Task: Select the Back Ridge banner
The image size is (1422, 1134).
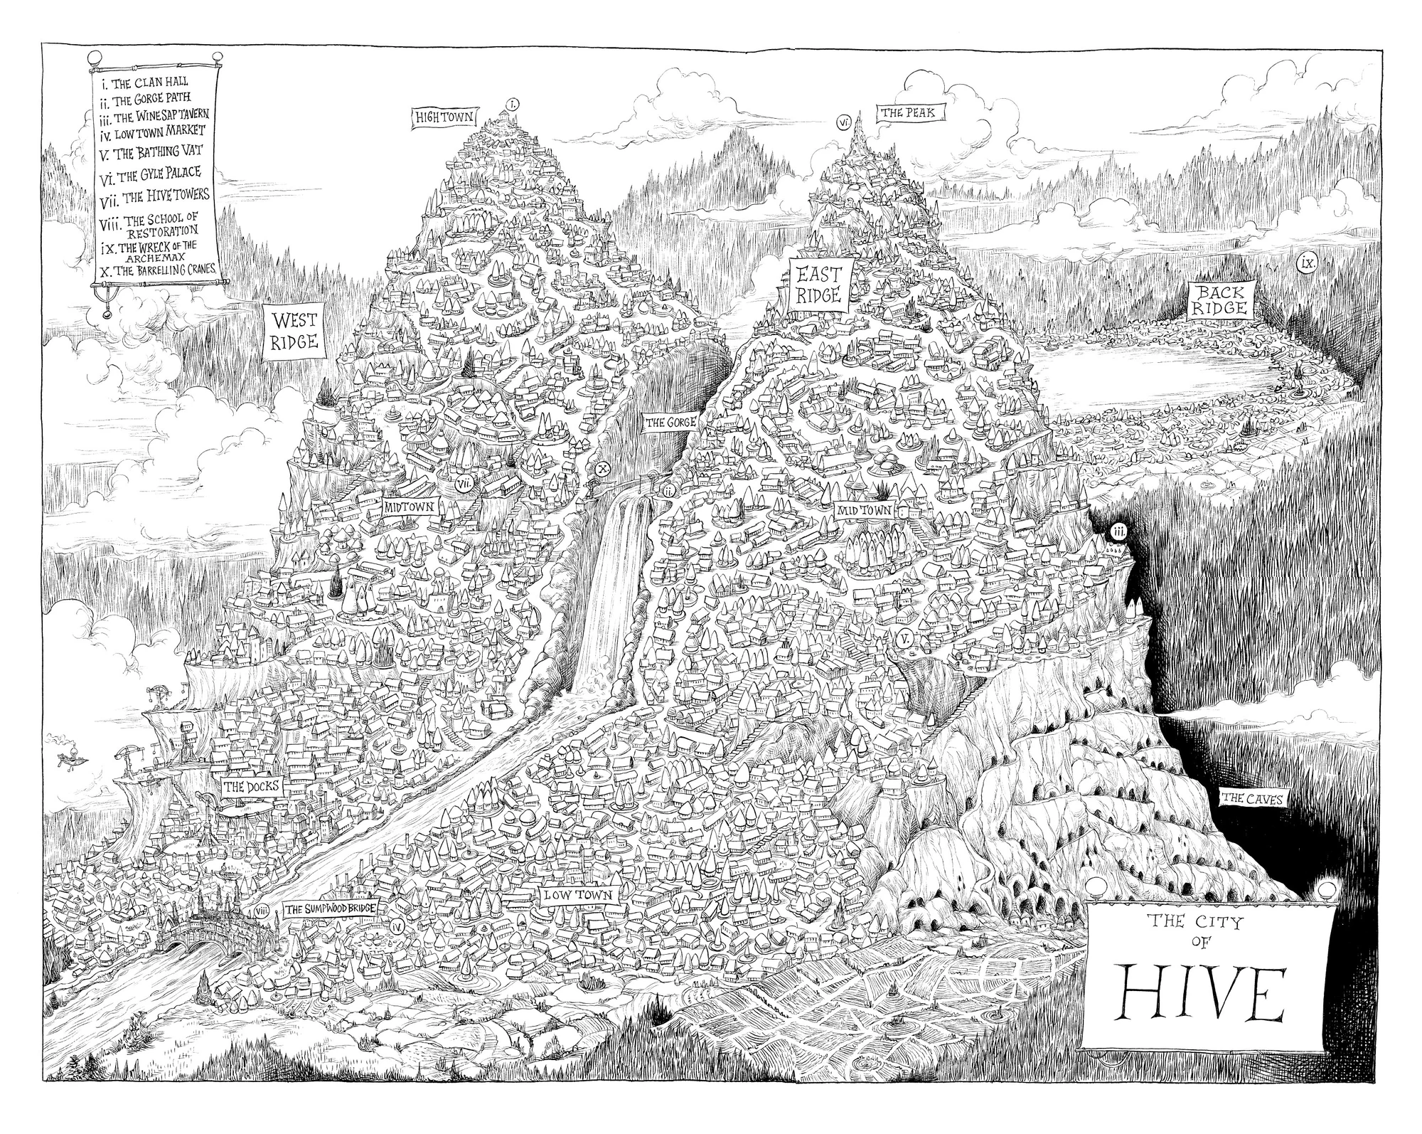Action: [x=1221, y=300]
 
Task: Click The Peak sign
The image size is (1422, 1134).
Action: [x=902, y=113]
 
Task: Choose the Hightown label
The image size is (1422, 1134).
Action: [x=446, y=117]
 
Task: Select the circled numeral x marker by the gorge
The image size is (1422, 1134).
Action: [x=603, y=469]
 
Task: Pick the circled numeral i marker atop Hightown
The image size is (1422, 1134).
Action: [x=513, y=103]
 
